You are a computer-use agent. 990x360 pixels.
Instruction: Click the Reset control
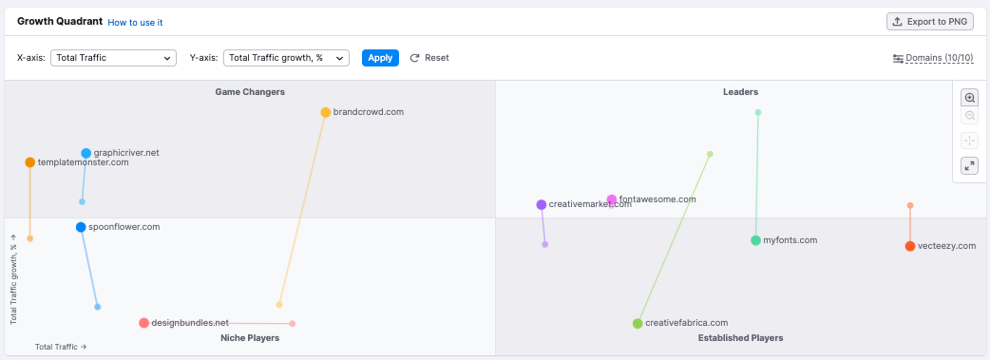(429, 58)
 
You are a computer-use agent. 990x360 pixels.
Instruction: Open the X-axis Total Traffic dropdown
(113, 58)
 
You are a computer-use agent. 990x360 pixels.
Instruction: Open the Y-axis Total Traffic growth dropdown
(286, 58)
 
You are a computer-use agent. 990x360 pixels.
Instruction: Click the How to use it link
(135, 22)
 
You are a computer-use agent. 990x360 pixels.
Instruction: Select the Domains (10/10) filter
(933, 58)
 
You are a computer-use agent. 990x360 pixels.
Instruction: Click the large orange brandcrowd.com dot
(326, 112)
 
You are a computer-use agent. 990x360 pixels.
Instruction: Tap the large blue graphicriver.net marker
(86, 153)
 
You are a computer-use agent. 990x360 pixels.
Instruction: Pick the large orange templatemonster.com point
(30, 162)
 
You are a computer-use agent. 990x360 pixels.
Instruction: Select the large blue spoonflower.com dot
(81, 227)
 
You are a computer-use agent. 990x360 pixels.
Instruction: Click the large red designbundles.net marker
(144, 323)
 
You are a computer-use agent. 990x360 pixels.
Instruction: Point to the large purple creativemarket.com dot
(542, 204)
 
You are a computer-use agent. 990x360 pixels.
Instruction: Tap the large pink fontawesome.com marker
(612, 200)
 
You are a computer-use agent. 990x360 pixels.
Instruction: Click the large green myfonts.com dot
(755, 240)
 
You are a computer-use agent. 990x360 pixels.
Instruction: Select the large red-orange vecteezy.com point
(910, 246)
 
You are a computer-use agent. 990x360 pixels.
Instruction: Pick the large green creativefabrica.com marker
(638, 323)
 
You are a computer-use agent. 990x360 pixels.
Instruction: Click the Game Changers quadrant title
(250, 92)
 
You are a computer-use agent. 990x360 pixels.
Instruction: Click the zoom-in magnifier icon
(969, 98)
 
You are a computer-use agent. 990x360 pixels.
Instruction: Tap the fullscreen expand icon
(969, 165)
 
